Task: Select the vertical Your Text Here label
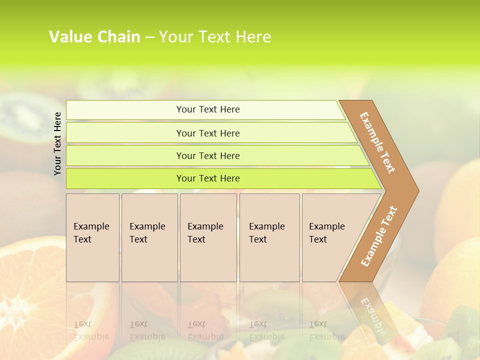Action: (57, 144)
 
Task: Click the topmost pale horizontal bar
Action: (208, 109)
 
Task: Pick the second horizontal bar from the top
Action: (208, 133)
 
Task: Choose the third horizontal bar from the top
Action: (208, 155)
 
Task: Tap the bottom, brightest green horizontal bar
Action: (208, 178)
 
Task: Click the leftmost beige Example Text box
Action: (92, 237)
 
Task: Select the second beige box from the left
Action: (149, 237)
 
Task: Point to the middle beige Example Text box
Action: (208, 237)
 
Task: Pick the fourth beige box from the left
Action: (269, 237)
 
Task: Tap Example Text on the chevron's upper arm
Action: (377, 142)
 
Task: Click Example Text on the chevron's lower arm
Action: (379, 236)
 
